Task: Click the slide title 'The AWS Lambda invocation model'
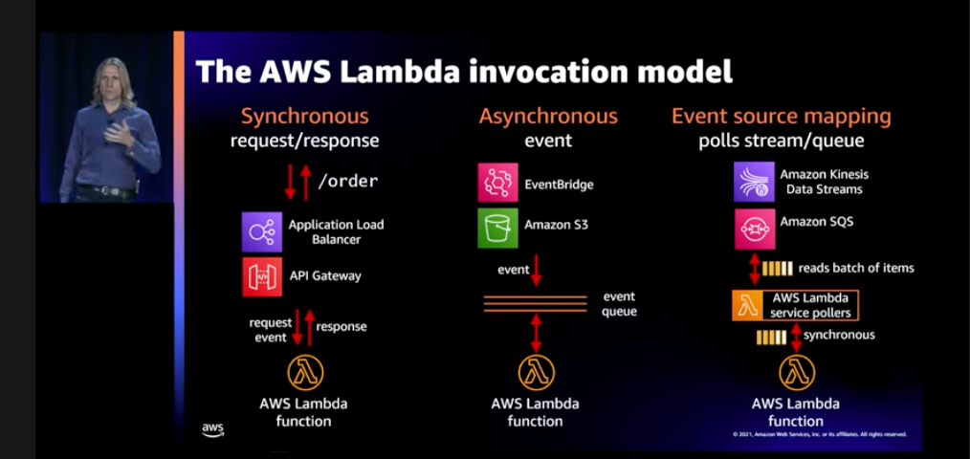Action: (x=464, y=71)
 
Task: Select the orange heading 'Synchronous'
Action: (x=304, y=117)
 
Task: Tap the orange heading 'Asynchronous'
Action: (x=548, y=117)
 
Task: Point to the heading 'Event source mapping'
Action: (x=781, y=117)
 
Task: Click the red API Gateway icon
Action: (x=262, y=276)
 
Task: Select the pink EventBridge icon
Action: (x=497, y=183)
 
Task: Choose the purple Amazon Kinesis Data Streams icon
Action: (x=754, y=182)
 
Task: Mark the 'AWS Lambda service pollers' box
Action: (x=795, y=305)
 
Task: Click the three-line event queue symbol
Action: (x=536, y=303)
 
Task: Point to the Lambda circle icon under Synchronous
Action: (x=304, y=373)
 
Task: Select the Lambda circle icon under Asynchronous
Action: (x=537, y=373)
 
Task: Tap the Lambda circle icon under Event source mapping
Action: (x=796, y=373)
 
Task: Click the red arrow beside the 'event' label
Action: (x=537, y=270)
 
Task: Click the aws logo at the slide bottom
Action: (x=212, y=429)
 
